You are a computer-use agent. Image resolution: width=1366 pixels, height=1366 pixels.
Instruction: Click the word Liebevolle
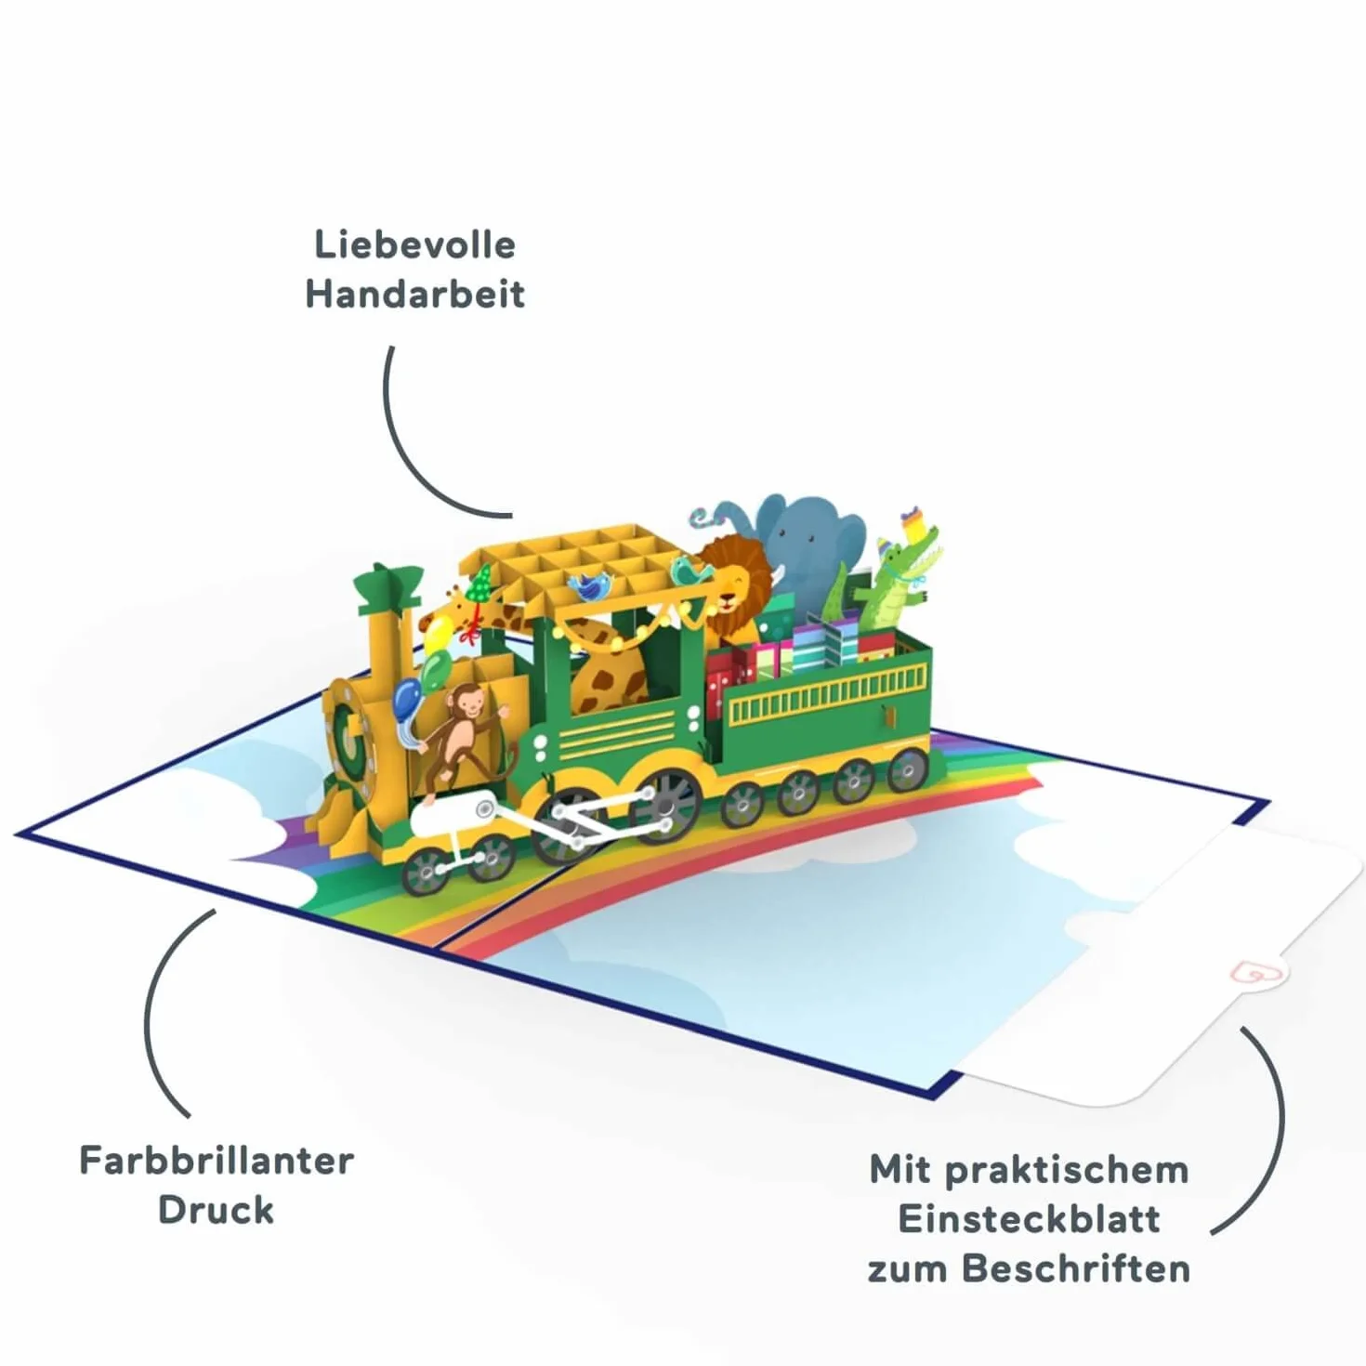(414, 244)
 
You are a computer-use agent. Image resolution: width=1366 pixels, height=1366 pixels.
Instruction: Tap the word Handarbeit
(414, 294)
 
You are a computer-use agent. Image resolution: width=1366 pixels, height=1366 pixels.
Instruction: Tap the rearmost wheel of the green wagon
(907, 769)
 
